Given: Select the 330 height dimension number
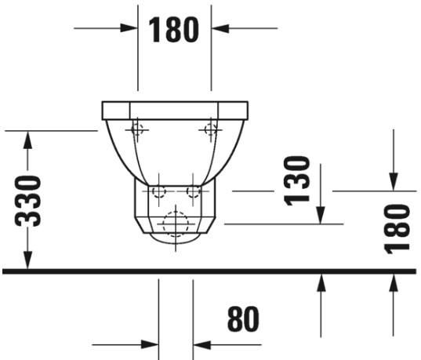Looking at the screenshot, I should (x=29, y=200).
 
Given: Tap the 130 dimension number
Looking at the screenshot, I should (x=296, y=180).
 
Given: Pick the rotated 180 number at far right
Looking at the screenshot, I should (x=398, y=227).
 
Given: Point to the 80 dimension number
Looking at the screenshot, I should (x=243, y=319).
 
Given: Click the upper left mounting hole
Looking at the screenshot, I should (x=137, y=129).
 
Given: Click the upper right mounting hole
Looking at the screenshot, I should (x=210, y=129).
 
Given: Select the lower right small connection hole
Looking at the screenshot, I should (x=193, y=191).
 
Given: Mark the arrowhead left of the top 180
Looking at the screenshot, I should (x=129, y=29).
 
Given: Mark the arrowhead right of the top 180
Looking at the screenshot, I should (x=220, y=29).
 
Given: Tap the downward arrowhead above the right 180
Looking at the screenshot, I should (x=392, y=181).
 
